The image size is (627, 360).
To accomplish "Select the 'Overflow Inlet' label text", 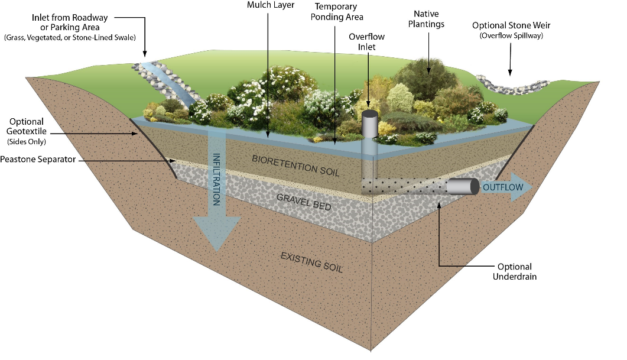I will [367, 41].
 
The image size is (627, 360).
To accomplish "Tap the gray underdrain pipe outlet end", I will [463, 187].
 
